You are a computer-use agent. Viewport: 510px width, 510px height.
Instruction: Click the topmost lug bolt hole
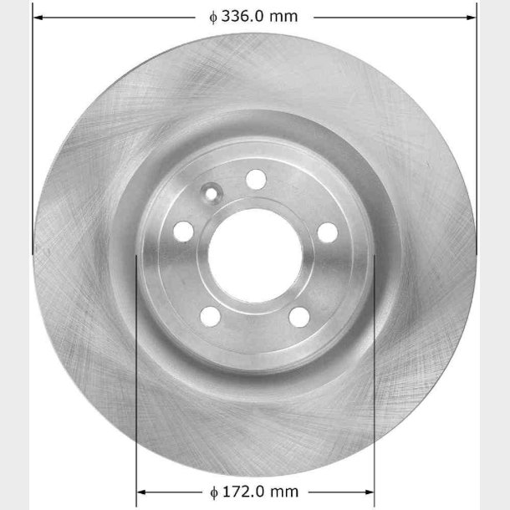click(256, 178)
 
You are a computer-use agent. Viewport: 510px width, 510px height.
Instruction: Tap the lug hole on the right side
click(328, 232)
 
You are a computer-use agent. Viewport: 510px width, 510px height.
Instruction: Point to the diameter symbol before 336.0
click(214, 16)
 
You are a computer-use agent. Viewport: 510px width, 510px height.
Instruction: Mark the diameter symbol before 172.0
click(214, 492)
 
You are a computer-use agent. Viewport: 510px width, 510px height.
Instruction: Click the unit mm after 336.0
click(284, 16)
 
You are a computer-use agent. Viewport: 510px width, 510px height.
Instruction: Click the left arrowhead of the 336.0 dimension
click(38, 16)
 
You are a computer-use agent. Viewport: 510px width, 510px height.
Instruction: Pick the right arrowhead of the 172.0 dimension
click(370, 492)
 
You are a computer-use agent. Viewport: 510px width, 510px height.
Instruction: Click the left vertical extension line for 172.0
click(136, 376)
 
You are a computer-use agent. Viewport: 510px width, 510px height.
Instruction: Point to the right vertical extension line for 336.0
click(477, 125)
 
